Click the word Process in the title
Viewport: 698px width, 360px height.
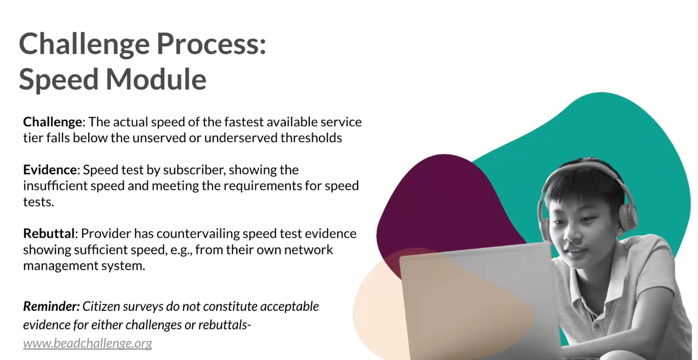coord(211,44)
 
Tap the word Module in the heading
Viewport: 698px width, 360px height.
coord(156,79)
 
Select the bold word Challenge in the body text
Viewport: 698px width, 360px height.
coord(53,122)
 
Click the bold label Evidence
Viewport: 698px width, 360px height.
coord(50,170)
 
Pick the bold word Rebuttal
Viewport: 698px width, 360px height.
coord(49,234)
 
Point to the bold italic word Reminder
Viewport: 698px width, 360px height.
coord(51,307)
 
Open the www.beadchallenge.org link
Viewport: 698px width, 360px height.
coord(88,343)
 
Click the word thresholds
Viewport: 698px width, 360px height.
coord(311,138)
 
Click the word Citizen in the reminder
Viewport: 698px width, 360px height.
coord(101,307)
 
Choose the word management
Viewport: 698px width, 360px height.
coord(51,266)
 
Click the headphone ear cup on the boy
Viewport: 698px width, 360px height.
coord(628,214)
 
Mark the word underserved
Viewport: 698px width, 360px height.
coord(240,138)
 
